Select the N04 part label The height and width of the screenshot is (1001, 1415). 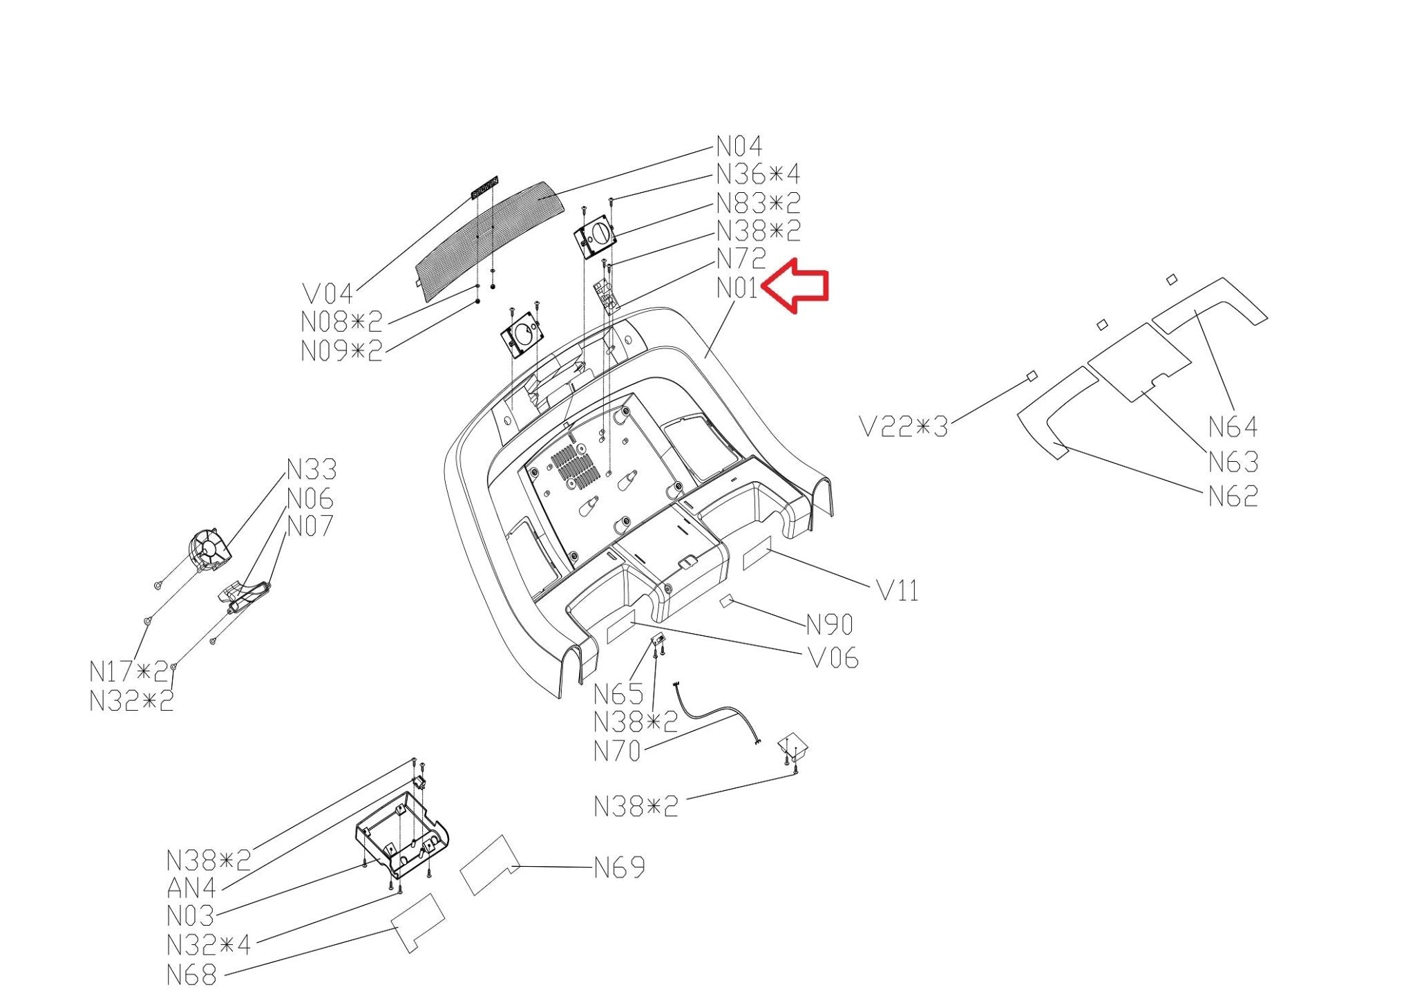(739, 147)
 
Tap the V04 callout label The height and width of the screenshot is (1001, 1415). (327, 294)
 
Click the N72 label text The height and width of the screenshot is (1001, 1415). (741, 259)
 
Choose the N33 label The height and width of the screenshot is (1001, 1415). (312, 470)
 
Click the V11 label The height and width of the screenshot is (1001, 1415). (898, 591)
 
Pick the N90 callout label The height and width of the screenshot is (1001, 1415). (830, 625)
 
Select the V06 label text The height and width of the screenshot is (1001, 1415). (833, 658)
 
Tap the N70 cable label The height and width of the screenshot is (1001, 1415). (618, 751)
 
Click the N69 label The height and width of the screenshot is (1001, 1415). (620, 867)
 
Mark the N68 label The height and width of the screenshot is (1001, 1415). (191, 975)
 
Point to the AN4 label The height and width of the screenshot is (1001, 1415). (191, 888)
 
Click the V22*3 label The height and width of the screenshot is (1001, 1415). (904, 427)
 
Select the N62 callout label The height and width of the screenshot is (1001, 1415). (1233, 496)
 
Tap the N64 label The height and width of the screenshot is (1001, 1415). (1233, 427)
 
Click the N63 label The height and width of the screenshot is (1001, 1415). (1233, 462)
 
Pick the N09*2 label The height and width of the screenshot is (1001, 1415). (342, 351)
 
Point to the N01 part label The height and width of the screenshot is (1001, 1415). (737, 288)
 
